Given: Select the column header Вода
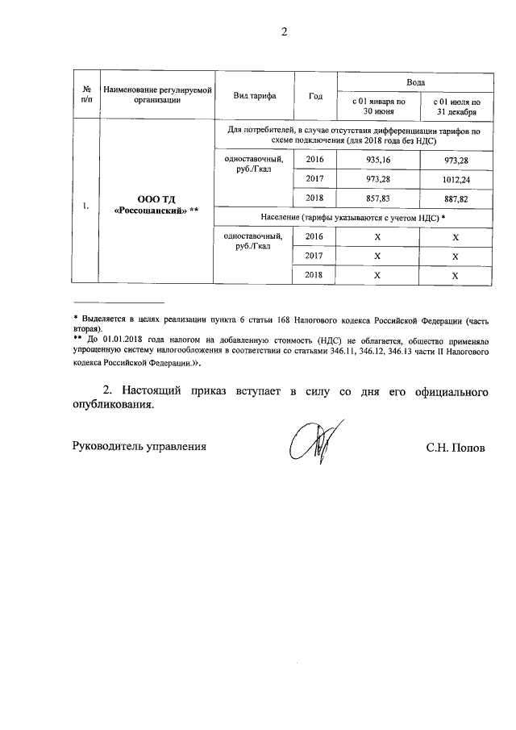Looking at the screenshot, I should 415,82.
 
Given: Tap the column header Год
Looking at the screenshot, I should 315,96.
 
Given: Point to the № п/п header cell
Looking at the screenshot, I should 85,96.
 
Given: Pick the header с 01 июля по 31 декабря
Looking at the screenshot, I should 456,107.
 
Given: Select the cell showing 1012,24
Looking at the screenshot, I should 456,179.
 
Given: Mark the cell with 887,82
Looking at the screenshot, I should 456,198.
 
